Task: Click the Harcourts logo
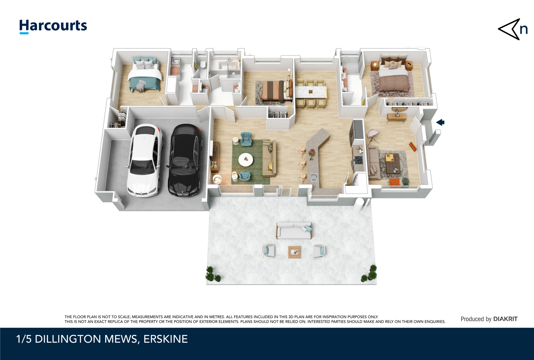[x=53, y=26]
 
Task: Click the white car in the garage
[x=144, y=160]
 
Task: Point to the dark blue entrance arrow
[x=440, y=122]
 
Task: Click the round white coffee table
[x=246, y=159]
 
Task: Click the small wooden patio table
[x=295, y=252]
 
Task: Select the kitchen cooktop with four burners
[x=358, y=160]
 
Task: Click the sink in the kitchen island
[x=314, y=177]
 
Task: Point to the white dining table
[x=311, y=92]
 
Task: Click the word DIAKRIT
[x=505, y=319]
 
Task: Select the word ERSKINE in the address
[x=166, y=339]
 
